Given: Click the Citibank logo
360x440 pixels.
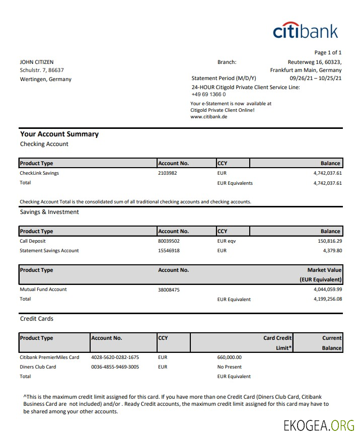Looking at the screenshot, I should pyautogui.click(x=306, y=30).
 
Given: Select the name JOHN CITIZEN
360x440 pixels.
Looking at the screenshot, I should pyautogui.click(x=37, y=62).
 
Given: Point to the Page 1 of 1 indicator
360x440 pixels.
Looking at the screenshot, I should pyautogui.click(x=328, y=52).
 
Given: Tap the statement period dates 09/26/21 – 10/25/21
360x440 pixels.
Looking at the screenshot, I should pyautogui.click(x=316, y=79).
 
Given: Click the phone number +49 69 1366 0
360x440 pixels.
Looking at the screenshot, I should pyautogui.click(x=208, y=94).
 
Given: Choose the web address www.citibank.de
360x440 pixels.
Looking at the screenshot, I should pyautogui.click(x=209, y=116).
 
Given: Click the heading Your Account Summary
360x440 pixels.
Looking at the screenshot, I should pyautogui.click(x=59, y=134).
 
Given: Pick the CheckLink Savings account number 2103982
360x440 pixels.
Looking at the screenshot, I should pyautogui.click(x=168, y=173).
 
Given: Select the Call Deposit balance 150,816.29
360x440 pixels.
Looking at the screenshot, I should pyautogui.click(x=330, y=241).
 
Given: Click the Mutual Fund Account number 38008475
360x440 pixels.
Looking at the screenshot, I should pyautogui.click(x=169, y=289).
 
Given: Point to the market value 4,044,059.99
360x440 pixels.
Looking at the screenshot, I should pyautogui.click(x=327, y=289).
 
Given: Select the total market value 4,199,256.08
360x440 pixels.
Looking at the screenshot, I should pyautogui.click(x=327, y=299).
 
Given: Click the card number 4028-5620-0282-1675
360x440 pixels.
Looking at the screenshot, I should pyautogui.click(x=115, y=357).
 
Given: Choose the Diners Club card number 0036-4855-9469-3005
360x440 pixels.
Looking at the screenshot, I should pyautogui.click(x=115, y=367).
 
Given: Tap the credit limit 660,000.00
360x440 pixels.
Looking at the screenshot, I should pyautogui.click(x=230, y=357).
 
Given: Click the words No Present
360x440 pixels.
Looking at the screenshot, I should pyautogui.click(x=230, y=367).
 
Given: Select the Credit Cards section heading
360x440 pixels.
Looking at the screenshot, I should pyautogui.click(x=37, y=319).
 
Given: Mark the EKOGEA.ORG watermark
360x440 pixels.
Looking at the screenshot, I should pyautogui.click(x=319, y=425).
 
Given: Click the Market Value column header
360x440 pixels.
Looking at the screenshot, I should pyautogui.click(x=324, y=270).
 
